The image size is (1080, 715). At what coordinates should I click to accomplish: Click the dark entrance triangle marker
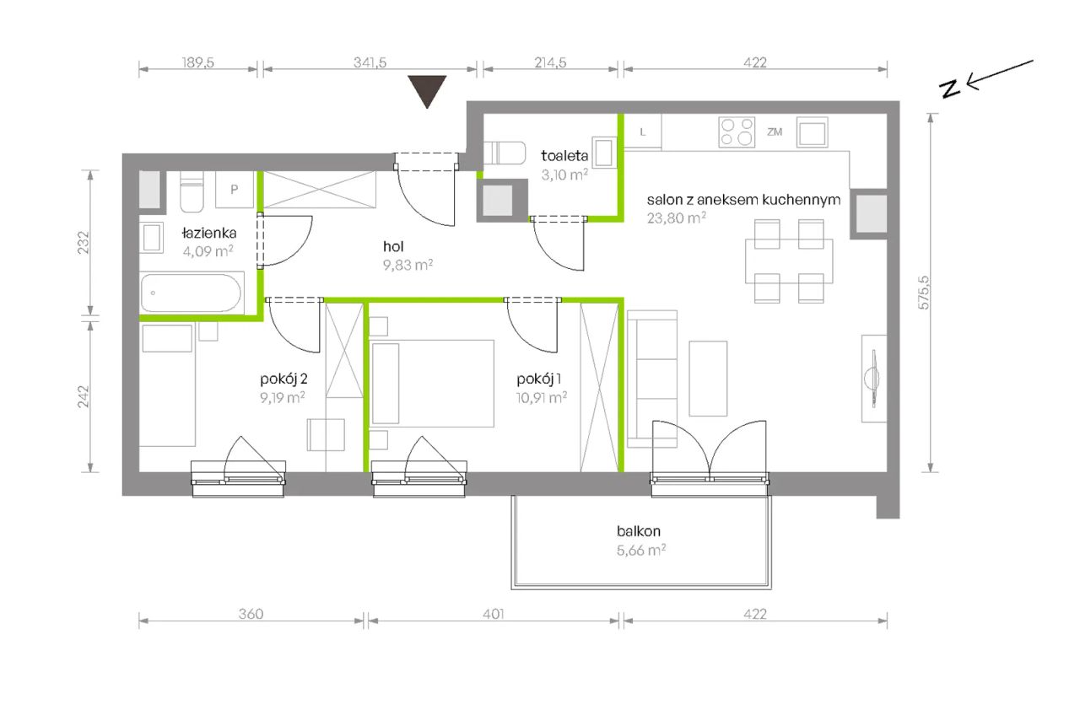(427, 90)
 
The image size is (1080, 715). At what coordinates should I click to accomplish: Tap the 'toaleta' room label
(564, 156)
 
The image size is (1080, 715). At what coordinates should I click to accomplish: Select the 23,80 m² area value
(677, 218)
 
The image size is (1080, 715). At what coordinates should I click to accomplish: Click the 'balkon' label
(639, 531)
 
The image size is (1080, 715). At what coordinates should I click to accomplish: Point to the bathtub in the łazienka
(191, 293)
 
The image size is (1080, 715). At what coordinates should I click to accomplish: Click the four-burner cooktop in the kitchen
(737, 132)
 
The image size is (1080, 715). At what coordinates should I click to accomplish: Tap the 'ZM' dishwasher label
(775, 132)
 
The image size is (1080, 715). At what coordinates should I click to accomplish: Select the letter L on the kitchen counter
(643, 132)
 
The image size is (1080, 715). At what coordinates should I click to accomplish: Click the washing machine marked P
(235, 190)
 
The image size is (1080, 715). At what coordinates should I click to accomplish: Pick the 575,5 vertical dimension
(923, 293)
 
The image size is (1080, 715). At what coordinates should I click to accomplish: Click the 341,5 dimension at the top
(370, 62)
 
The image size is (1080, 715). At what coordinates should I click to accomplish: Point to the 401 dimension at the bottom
(494, 614)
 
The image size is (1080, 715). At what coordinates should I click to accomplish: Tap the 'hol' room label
(393, 247)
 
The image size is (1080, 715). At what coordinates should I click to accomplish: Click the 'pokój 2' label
(283, 379)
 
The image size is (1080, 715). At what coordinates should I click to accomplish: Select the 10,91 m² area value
(542, 398)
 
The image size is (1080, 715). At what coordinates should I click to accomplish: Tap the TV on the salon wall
(873, 379)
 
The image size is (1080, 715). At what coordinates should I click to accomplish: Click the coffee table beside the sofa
(708, 379)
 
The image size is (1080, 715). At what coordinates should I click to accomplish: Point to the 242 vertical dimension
(84, 396)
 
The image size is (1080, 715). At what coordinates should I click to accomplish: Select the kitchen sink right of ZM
(812, 132)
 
